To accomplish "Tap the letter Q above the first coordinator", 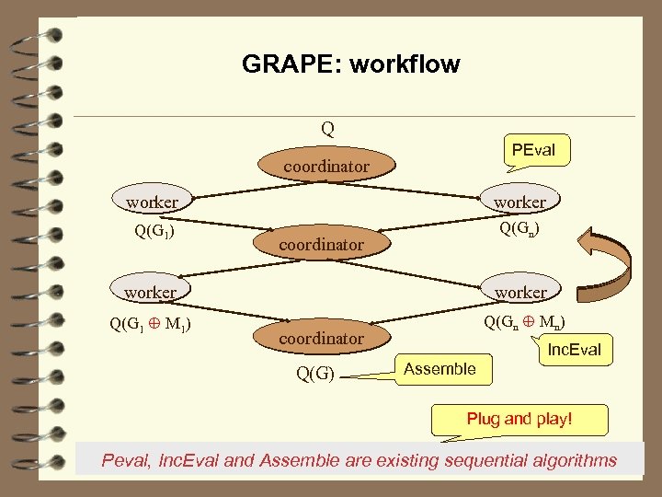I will coord(327,129).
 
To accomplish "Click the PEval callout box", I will coord(534,150).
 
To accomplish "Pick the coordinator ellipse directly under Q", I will coord(326,167).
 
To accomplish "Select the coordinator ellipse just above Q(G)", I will coord(322,338).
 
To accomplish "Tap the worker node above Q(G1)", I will coord(153,202).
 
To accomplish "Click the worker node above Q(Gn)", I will coord(519,202).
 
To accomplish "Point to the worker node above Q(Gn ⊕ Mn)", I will coord(520,292).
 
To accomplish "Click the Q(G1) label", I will coord(155,230).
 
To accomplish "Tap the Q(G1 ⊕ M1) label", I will coord(150,323).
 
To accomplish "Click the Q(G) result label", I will coord(314,374).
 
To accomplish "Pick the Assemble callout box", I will coord(439,369).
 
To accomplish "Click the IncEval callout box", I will coord(574,350).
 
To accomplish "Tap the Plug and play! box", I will coord(519,419).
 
